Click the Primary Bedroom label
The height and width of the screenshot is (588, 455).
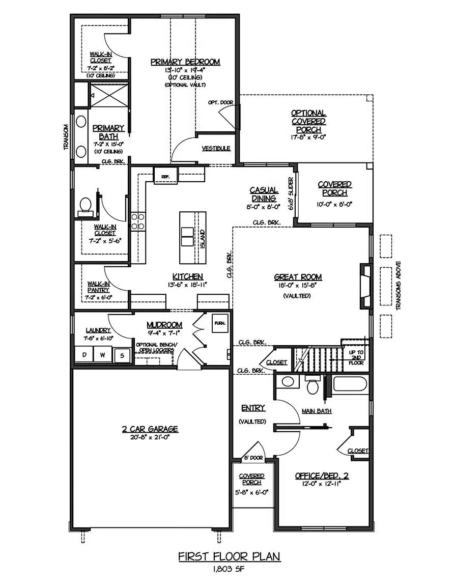click(185, 62)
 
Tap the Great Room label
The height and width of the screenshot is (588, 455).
click(298, 277)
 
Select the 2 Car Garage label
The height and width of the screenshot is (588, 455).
click(150, 429)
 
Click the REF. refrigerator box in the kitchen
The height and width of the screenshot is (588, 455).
click(165, 176)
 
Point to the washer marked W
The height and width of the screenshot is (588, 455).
click(103, 355)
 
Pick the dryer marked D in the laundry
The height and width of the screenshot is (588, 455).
click(84, 355)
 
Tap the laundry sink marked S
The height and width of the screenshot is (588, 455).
click(122, 355)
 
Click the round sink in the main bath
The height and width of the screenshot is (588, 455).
click(288, 382)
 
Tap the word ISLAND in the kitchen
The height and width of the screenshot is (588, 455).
click(202, 239)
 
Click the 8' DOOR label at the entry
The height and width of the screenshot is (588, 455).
click(254, 458)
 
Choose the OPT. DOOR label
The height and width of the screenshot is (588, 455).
click(221, 102)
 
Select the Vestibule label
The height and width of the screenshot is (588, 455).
click(216, 149)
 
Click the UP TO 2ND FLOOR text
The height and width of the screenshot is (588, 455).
click(356, 358)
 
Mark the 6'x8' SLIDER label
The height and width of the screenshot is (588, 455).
click(291, 193)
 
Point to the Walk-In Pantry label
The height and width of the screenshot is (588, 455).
click(99, 287)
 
